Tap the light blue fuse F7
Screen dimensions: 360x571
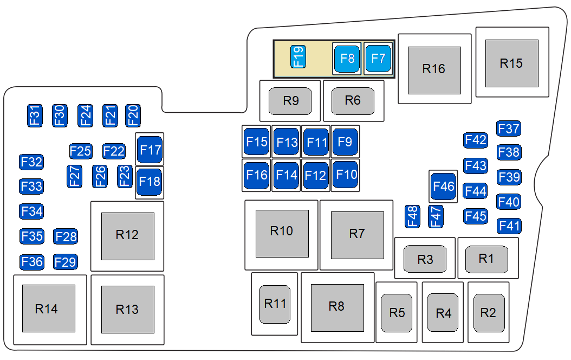tap(378, 59)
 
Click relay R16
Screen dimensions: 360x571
tap(434, 69)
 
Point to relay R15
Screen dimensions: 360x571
tap(511, 63)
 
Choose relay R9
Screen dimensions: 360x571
tap(291, 101)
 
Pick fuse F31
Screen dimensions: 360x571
tap(35, 115)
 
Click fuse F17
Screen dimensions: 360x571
tap(150, 150)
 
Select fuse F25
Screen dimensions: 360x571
tap(81, 151)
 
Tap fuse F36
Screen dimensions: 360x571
tap(31, 262)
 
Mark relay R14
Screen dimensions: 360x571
tap(48, 308)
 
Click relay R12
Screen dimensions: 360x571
tap(127, 235)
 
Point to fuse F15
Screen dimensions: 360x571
tap(257, 142)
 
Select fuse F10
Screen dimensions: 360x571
tap(346, 175)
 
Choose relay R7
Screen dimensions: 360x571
tap(357, 234)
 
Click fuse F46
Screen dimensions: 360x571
tap(443, 187)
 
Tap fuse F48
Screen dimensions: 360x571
tap(413, 216)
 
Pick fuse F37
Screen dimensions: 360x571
tap(509, 128)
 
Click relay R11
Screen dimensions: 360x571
tap(275, 304)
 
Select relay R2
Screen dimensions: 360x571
tap(489, 313)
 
